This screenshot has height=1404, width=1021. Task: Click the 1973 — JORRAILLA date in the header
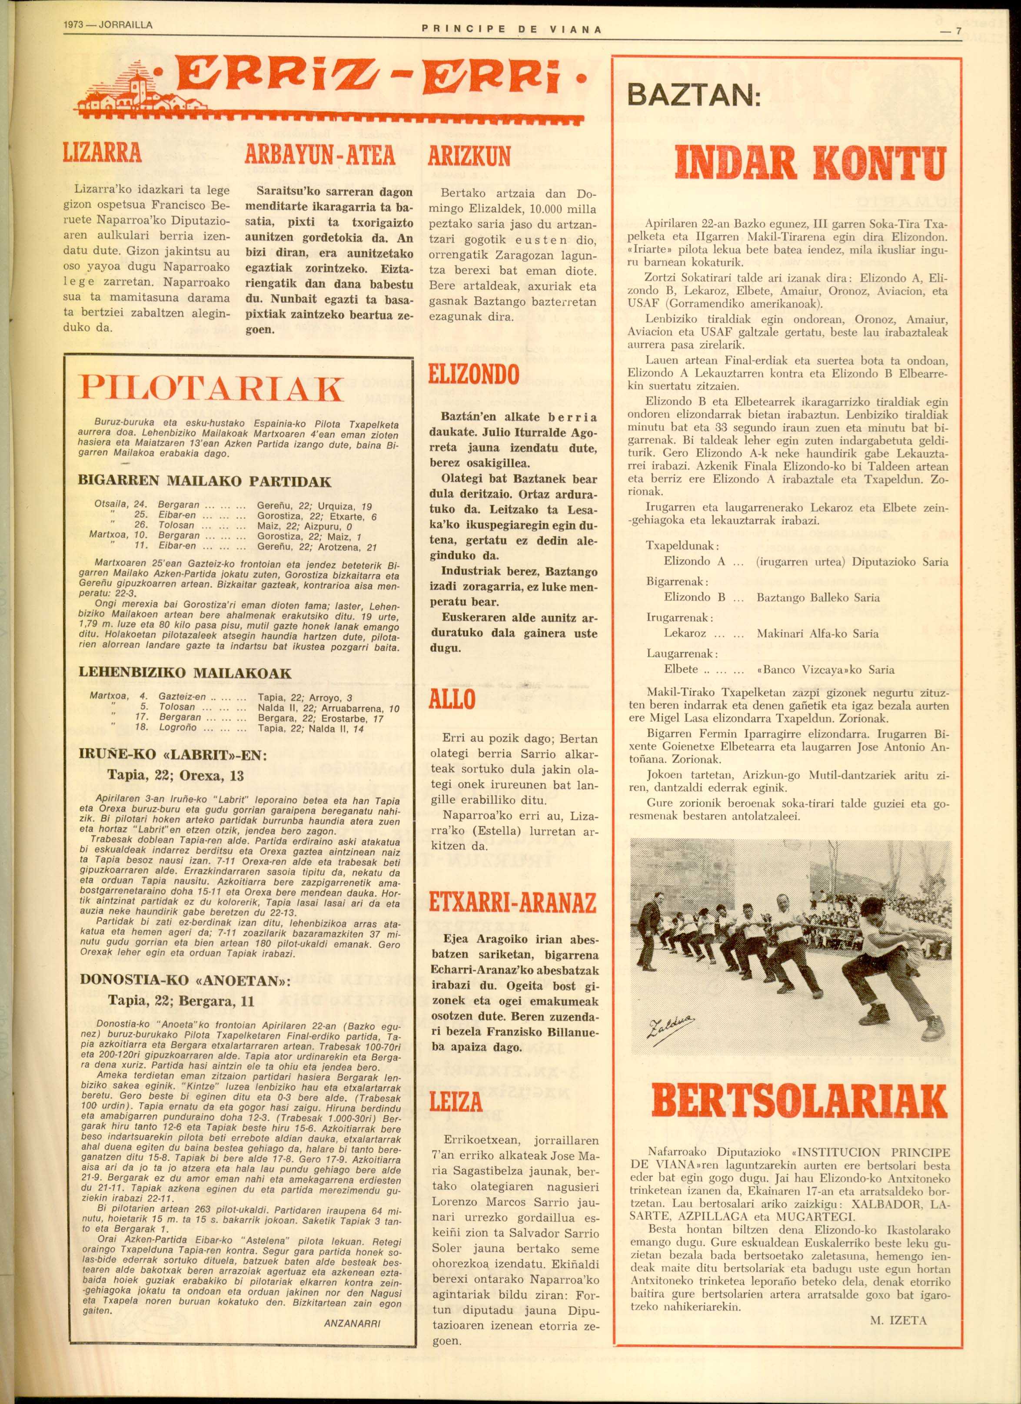108,26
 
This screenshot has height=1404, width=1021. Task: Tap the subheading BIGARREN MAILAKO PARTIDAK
204,481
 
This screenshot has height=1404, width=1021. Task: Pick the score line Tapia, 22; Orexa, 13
176,775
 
